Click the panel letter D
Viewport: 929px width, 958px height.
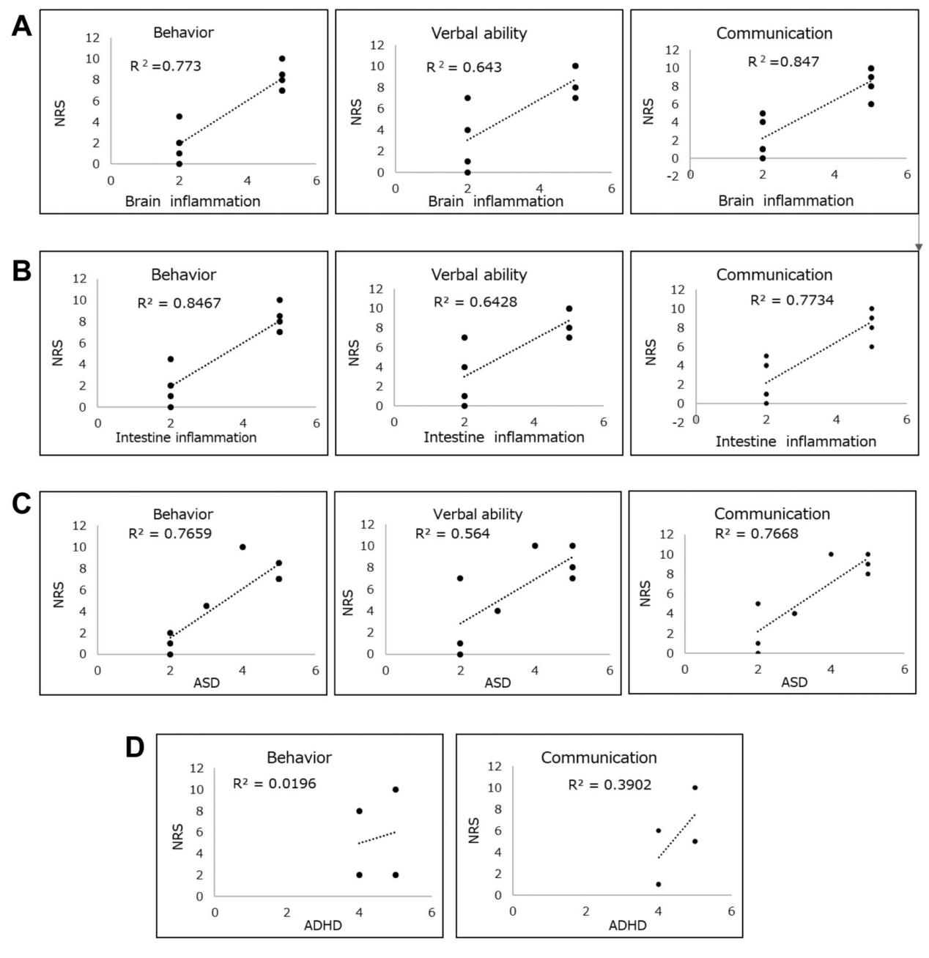click(x=136, y=749)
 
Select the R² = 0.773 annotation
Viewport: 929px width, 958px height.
click(x=166, y=67)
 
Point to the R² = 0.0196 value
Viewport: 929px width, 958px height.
click(x=274, y=784)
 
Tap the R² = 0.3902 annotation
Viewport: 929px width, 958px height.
click(x=610, y=785)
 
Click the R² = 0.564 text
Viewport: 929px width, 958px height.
click(x=452, y=534)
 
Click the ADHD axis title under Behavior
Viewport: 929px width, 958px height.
click(x=323, y=926)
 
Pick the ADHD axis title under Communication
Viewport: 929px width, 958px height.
click(x=628, y=925)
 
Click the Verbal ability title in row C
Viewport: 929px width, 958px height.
click(x=478, y=514)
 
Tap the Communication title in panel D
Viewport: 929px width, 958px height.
click(x=599, y=757)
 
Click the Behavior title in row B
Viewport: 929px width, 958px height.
click(x=183, y=275)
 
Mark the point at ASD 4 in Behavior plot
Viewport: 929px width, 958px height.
click(x=243, y=547)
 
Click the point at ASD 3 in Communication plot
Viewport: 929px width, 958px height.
click(x=794, y=613)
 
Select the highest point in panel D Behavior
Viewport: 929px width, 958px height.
click(x=396, y=790)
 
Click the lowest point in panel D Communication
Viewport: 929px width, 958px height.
click(x=659, y=884)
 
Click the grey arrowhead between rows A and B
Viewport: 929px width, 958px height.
click(x=919, y=248)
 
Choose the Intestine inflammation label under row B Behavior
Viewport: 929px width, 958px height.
click(x=186, y=437)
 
